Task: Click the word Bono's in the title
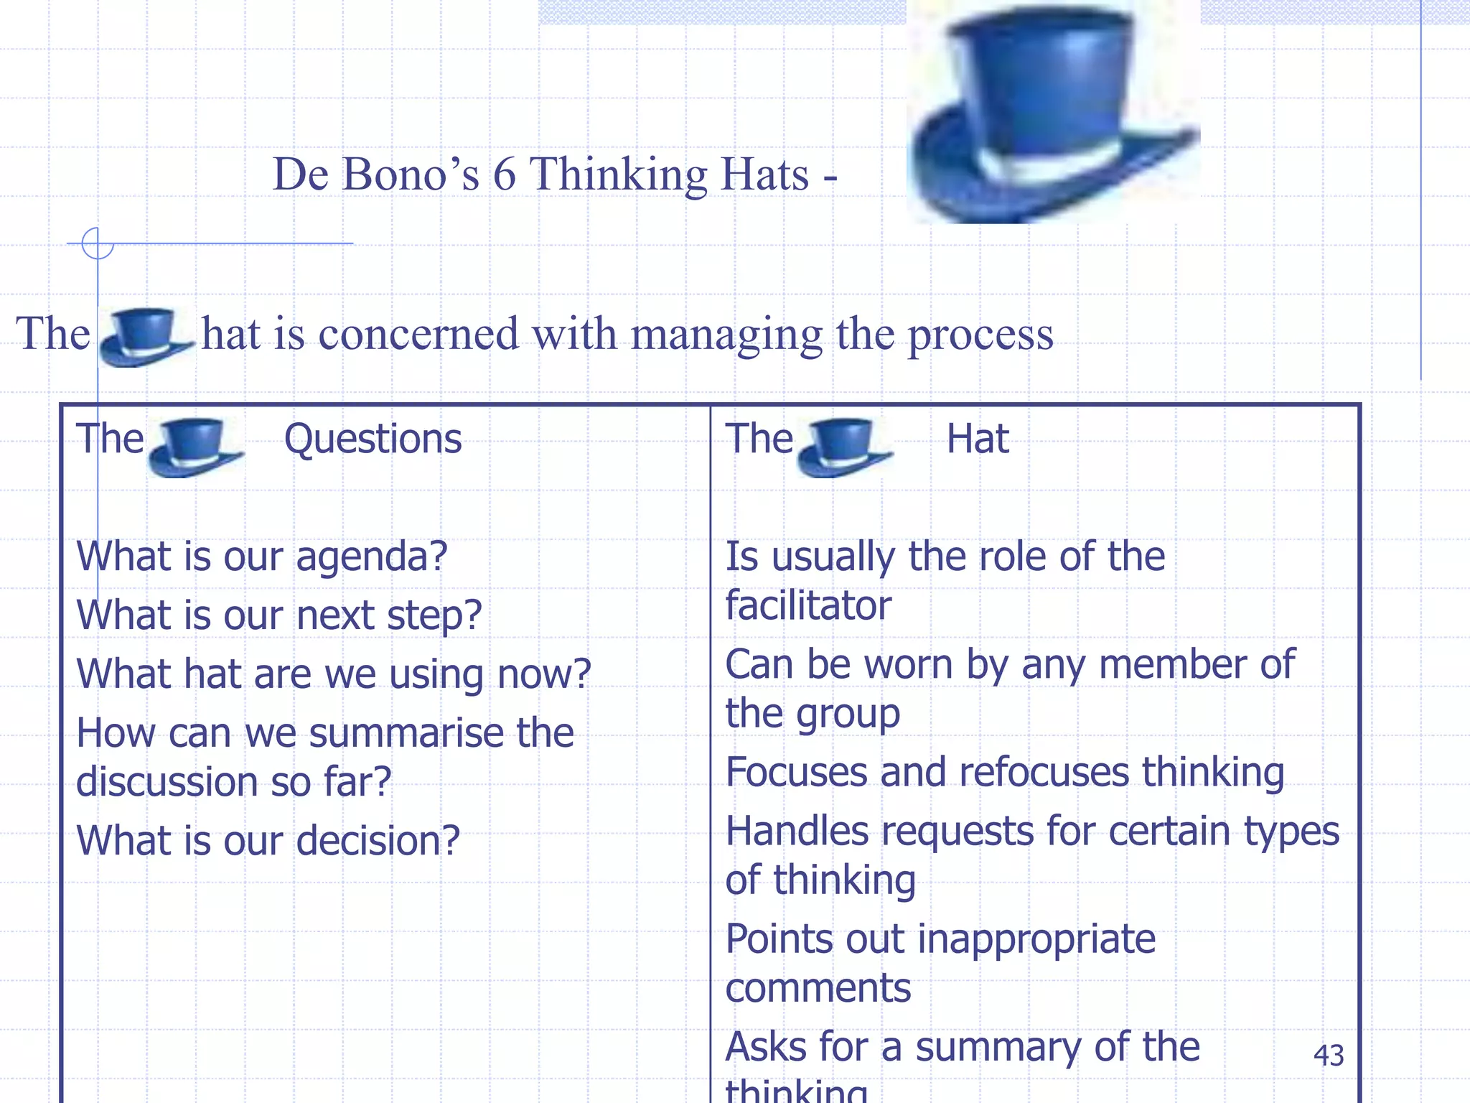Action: [x=410, y=174]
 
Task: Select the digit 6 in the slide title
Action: [x=504, y=174]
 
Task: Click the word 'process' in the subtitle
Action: [x=980, y=335]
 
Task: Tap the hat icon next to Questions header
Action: [x=194, y=447]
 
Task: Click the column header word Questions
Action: [x=373, y=439]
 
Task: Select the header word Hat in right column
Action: [x=977, y=439]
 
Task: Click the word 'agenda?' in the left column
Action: [x=371, y=557]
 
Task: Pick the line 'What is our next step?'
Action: [x=278, y=615]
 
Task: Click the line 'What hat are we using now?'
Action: [x=333, y=674]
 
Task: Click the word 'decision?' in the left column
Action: [x=378, y=841]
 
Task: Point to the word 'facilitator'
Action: [x=808, y=605]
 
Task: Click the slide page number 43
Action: [x=1328, y=1055]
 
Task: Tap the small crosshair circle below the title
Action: [x=98, y=243]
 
